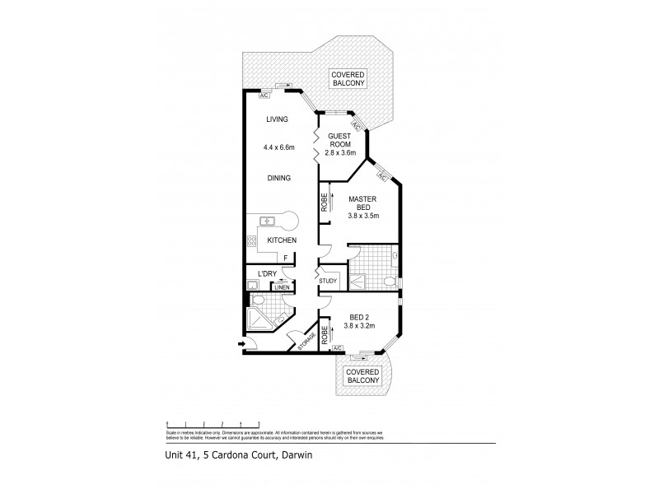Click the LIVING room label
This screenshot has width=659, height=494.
[277, 119]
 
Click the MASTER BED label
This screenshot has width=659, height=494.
[362, 204]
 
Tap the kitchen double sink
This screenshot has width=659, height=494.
[267, 221]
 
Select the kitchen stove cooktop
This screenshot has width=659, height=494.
[252, 241]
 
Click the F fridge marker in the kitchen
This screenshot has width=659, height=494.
[286, 258]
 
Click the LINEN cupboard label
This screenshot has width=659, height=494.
[283, 287]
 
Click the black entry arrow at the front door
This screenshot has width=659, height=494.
[241, 344]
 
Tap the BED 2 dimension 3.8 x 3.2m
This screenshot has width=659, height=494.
[358, 326]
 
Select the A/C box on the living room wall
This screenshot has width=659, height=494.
[264, 96]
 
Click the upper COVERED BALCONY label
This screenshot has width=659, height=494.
[348, 78]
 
